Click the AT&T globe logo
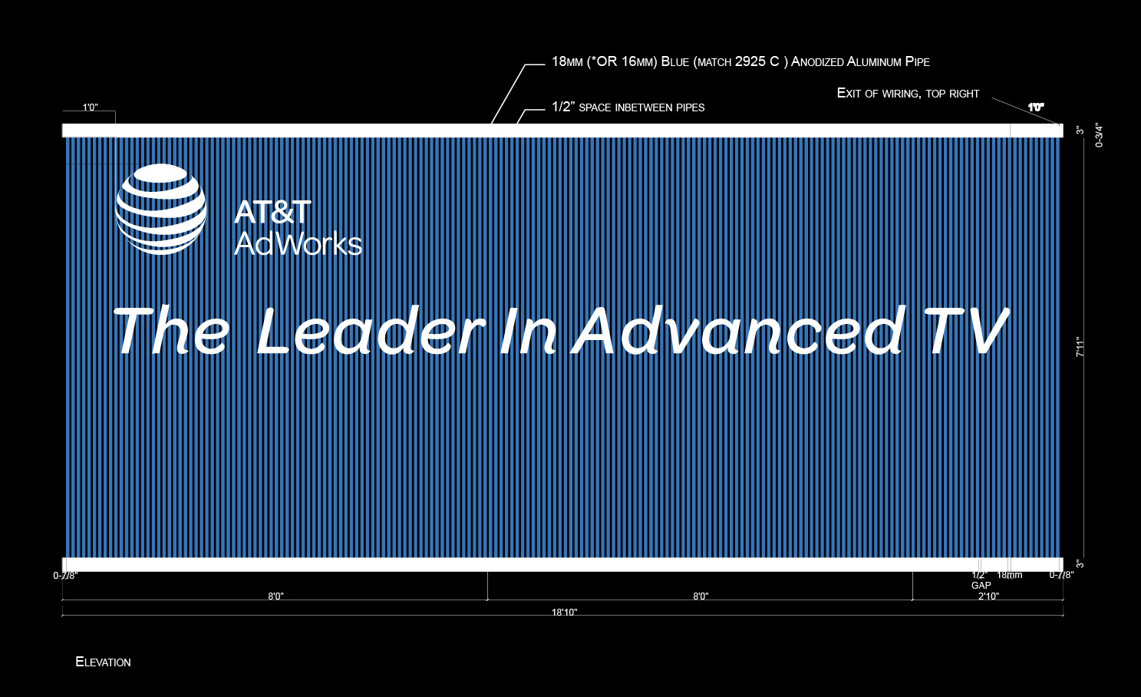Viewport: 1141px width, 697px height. pyautogui.click(x=161, y=209)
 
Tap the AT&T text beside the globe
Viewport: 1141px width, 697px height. pyautogui.click(x=272, y=212)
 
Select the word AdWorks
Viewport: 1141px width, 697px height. pyautogui.click(x=298, y=243)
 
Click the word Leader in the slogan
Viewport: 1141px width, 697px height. pyautogui.click(x=371, y=331)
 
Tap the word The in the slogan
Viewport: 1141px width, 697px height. pyautogui.click(x=170, y=331)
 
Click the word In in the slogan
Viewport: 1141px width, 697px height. pyautogui.click(x=528, y=331)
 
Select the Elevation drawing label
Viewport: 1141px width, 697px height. pyautogui.click(x=103, y=662)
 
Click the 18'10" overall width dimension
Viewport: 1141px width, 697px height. pyautogui.click(x=565, y=612)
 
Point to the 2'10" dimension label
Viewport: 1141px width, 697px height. pyautogui.click(x=989, y=596)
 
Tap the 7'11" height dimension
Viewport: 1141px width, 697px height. pyautogui.click(x=1080, y=346)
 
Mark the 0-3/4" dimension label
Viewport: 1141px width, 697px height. pyautogui.click(x=1100, y=135)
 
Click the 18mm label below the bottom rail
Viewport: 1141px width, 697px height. pyautogui.click(x=1010, y=575)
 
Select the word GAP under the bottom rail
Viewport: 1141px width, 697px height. pyautogui.click(x=981, y=586)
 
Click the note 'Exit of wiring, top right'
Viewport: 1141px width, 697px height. pyautogui.click(x=909, y=93)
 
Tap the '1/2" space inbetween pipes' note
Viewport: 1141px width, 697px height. pyautogui.click(x=628, y=107)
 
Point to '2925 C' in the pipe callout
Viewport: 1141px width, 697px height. pyautogui.click(x=757, y=61)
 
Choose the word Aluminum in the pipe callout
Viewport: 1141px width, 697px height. pyautogui.click(x=873, y=61)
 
